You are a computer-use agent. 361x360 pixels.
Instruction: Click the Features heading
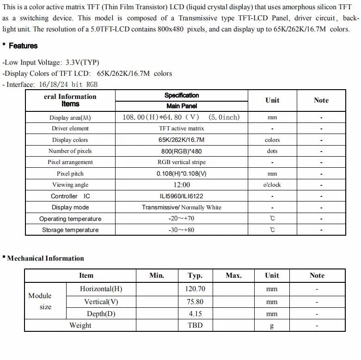point(23,46)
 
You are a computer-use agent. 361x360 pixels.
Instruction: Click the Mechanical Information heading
point(45,258)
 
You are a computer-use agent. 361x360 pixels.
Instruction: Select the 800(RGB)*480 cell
point(182,151)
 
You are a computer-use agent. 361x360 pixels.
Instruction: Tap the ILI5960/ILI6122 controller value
point(182,196)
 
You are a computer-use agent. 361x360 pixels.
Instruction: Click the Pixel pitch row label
point(70,174)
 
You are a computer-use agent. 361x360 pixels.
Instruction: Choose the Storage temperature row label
point(70,230)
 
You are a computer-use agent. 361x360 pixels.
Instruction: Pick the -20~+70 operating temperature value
point(181,219)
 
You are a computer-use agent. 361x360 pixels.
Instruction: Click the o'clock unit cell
point(272,185)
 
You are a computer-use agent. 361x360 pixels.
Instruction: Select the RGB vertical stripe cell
point(182,162)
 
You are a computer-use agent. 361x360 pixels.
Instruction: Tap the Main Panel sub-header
point(182,106)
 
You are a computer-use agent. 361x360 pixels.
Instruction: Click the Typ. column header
point(195,275)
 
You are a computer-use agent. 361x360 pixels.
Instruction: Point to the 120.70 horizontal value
point(195,289)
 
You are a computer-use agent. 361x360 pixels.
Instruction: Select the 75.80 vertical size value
point(195,302)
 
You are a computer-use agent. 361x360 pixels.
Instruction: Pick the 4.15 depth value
point(195,314)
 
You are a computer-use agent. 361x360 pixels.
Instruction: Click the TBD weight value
point(195,325)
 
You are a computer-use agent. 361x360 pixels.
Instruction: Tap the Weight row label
point(80,325)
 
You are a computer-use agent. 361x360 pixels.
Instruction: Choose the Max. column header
point(233,275)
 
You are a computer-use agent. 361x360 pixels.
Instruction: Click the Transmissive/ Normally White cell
point(182,207)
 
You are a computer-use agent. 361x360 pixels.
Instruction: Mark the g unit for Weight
point(272,326)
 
